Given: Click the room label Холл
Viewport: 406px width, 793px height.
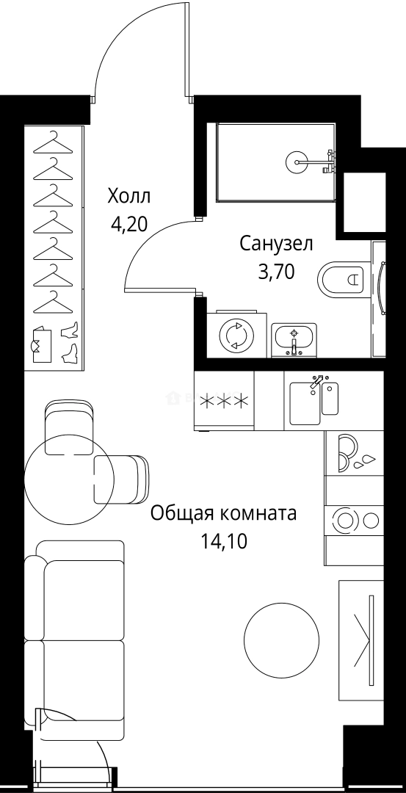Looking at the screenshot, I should pyautogui.click(x=128, y=197).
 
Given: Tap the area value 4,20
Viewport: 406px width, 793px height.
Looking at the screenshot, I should pyautogui.click(x=128, y=224).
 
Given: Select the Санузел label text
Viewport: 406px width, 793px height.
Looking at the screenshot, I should pyautogui.click(x=276, y=244).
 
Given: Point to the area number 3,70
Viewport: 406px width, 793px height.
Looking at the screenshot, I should pyautogui.click(x=276, y=272).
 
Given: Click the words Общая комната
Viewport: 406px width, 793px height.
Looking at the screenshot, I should pyautogui.click(x=223, y=513).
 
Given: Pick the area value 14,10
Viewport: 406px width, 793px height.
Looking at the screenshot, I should pyautogui.click(x=223, y=542).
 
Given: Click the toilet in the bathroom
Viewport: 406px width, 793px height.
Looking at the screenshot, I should pyautogui.click(x=343, y=279).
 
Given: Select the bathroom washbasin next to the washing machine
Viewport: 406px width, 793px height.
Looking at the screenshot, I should pyautogui.click(x=294, y=339).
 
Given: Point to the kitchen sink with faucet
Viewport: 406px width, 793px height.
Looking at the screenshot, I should pyautogui.click(x=313, y=400).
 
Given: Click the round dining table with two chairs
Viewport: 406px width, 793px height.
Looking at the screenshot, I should pyautogui.click(x=69, y=481).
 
